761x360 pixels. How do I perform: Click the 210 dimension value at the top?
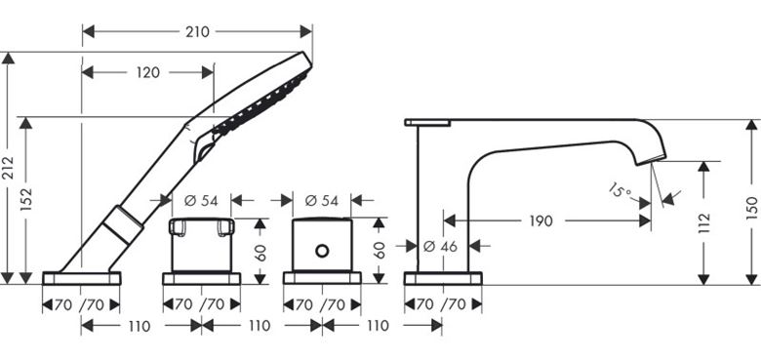[x=197, y=32]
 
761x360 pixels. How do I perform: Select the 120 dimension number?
[x=148, y=73]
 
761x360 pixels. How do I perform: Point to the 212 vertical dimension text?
[x=8, y=168]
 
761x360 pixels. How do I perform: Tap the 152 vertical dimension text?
[x=25, y=199]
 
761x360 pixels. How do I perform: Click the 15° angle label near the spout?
[x=621, y=189]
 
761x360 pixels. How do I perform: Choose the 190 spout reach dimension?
[x=541, y=221]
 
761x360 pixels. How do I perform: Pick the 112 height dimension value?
[x=703, y=222]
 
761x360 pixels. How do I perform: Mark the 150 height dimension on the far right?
[x=751, y=208]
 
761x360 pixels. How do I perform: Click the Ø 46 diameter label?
[x=440, y=247]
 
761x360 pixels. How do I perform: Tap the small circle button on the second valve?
[x=322, y=251]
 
